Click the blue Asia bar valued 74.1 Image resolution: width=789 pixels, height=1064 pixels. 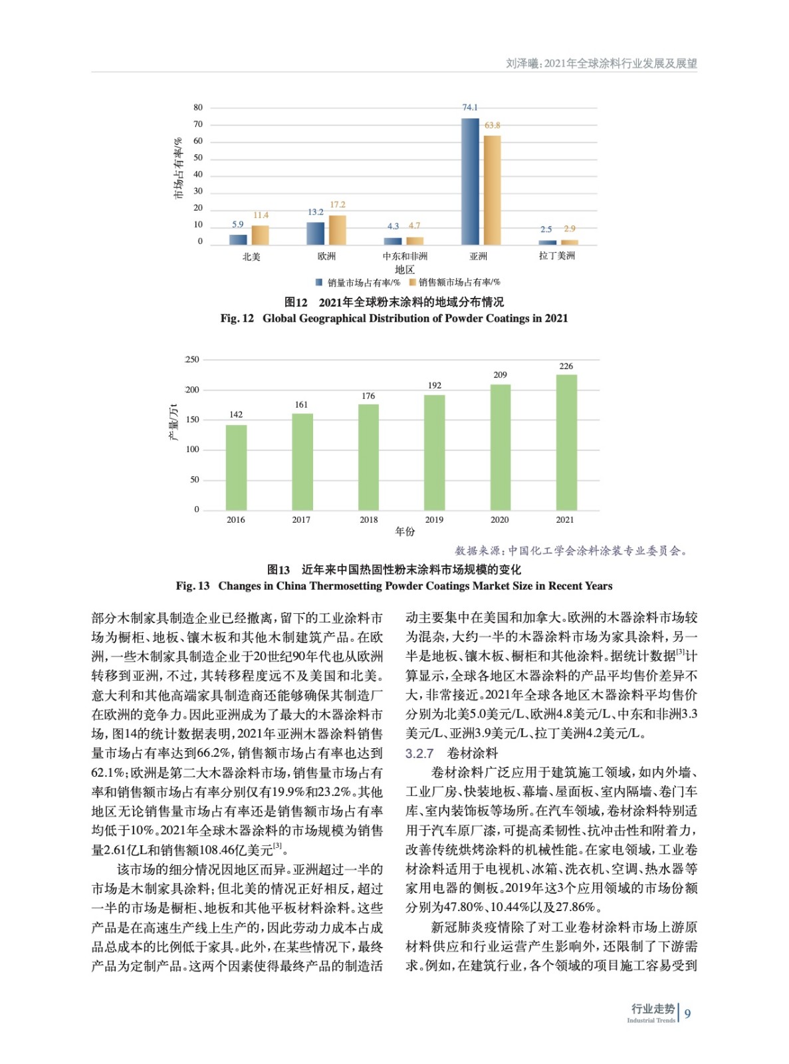470,182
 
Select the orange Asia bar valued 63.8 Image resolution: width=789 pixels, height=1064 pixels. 492,190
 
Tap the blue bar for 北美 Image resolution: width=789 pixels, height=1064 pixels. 238,239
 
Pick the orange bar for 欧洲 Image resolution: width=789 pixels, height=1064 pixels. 338,230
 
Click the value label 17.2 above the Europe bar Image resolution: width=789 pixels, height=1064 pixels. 337,205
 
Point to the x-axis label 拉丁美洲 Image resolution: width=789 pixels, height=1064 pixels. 556,256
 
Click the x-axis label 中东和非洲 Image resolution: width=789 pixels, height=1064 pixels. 405,256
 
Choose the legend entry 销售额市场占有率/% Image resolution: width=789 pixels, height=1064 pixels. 459,283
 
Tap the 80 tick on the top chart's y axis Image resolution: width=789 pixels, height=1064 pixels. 198,108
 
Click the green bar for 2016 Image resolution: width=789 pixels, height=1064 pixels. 236,467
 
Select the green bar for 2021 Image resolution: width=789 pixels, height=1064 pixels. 566,442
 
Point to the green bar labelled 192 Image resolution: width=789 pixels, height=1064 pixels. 435,452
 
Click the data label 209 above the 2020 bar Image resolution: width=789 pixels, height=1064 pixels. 500,375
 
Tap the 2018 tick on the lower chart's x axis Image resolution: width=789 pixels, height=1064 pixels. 368,520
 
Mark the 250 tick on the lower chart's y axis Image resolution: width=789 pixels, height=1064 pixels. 192,360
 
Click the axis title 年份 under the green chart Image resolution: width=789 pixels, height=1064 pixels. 405,531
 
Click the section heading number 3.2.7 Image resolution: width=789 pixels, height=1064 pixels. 419,753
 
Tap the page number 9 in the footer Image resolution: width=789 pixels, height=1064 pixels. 687,1013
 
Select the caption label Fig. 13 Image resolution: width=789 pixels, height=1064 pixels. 193,586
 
